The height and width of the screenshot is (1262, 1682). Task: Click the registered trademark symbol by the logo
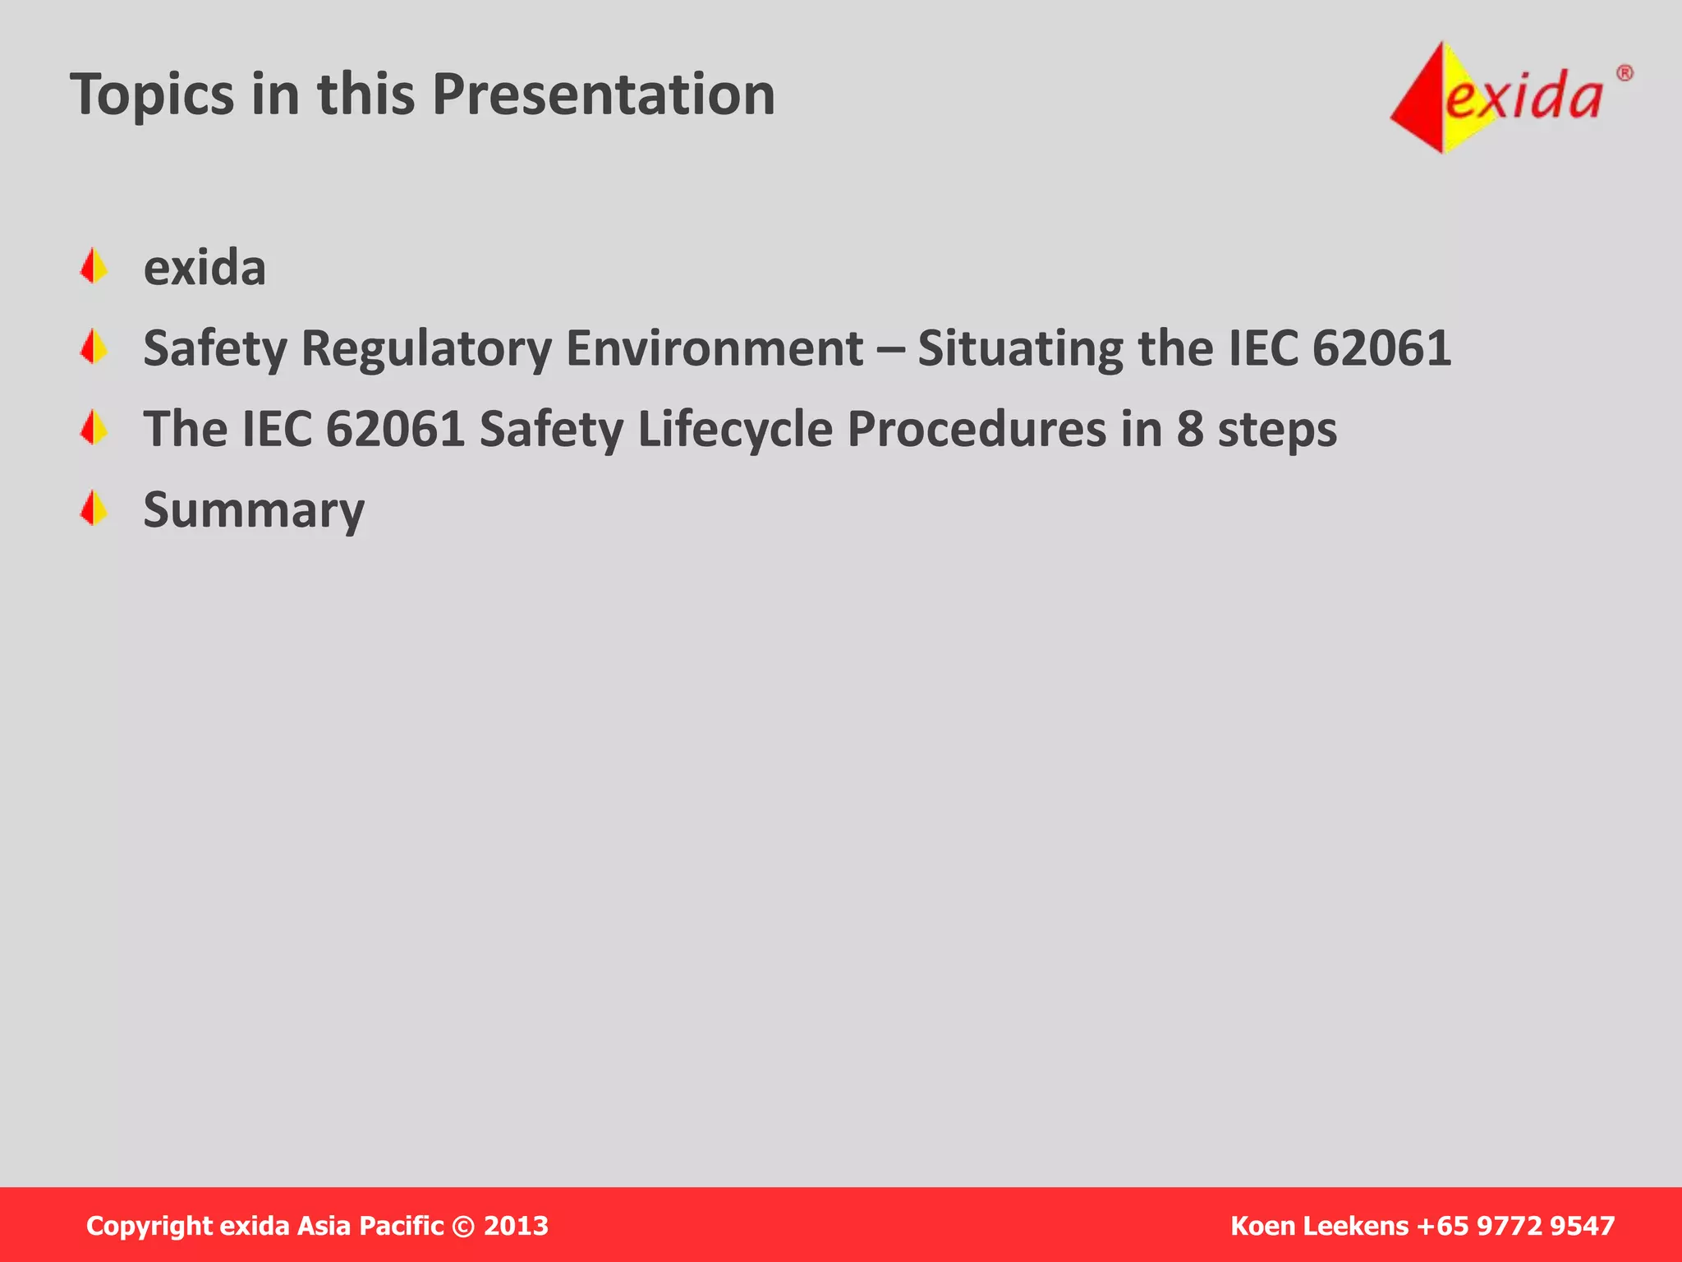(1625, 74)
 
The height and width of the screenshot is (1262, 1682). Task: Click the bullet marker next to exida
(94, 267)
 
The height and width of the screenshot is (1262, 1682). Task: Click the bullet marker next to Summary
(94, 509)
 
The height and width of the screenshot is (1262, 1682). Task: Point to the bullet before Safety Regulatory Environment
(94, 348)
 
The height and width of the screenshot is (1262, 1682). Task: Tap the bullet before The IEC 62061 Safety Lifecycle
(94, 428)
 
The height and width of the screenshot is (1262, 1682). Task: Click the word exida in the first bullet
(205, 267)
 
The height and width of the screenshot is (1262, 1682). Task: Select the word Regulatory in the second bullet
(425, 348)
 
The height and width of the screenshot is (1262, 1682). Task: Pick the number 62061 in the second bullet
(1381, 348)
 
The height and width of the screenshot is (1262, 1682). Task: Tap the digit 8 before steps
(1189, 429)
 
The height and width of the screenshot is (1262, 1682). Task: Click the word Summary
(254, 510)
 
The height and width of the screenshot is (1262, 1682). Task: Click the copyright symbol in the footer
(463, 1227)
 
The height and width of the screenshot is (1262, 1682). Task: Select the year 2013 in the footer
(516, 1226)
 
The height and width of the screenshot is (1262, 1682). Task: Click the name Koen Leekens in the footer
(1319, 1226)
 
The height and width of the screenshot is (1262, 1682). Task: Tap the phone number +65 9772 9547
(1516, 1226)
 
